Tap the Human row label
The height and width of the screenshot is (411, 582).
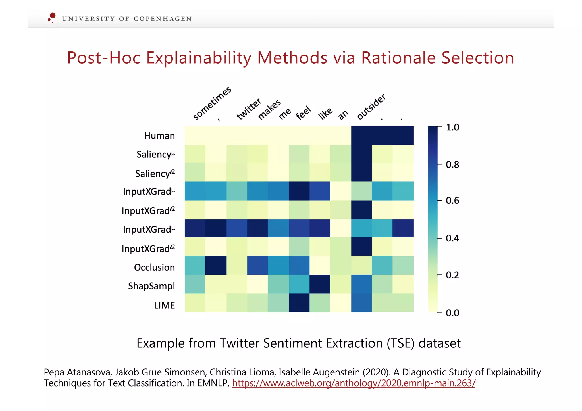point(159,136)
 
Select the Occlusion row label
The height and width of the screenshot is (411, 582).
point(154,268)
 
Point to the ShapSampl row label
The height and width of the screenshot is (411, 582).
point(151,286)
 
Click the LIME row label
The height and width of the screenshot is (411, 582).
point(164,305)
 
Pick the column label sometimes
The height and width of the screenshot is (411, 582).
point(212,104)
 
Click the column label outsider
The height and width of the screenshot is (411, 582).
point(371,107)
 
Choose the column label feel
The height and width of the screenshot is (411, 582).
point(303,113)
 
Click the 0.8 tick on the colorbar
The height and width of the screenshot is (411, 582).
point(452,165)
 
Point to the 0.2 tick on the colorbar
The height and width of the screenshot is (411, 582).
point(452,275)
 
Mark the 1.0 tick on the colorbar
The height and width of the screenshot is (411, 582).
point(452,127)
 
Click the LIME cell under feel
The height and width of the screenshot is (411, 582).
point(299,303)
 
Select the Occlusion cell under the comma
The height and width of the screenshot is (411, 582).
point(216,265)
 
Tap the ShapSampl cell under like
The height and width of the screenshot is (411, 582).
point(320,284)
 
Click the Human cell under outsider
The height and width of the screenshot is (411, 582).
point(361,135)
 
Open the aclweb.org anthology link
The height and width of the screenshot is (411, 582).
point(353,383)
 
